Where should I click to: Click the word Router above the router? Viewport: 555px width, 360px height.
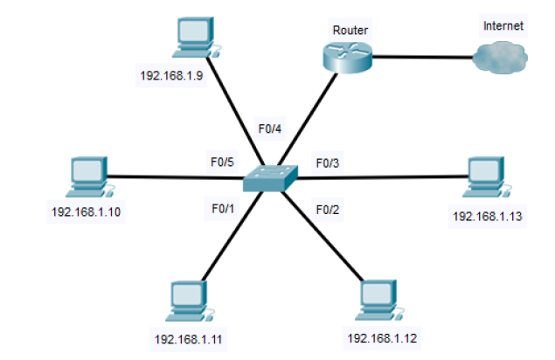(350, 31)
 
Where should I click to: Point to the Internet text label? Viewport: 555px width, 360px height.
(503, 26)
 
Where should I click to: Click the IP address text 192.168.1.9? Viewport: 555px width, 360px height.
(171, 75)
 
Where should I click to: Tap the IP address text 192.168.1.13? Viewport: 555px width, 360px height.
(487, 215)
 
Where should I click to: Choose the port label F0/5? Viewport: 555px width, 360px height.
(222, 162)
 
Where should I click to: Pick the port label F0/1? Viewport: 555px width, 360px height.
(223, 208)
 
